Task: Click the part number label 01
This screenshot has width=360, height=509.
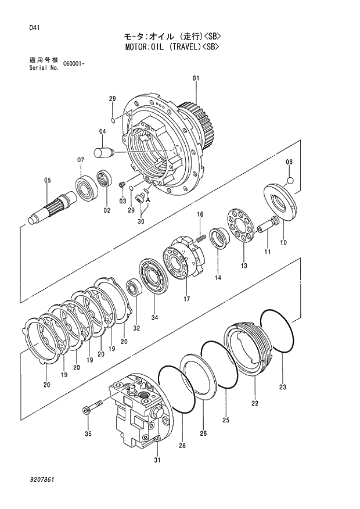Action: tap(196, 78)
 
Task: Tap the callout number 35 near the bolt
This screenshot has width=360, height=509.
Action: tap(88, 433)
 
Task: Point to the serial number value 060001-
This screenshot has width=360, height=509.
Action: tap(75, 63)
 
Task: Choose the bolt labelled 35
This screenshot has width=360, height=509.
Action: tap(93, 407)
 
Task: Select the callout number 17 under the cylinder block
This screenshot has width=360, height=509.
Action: tap(187, 299)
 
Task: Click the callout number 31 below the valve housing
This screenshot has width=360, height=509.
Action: tap(157, 461)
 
